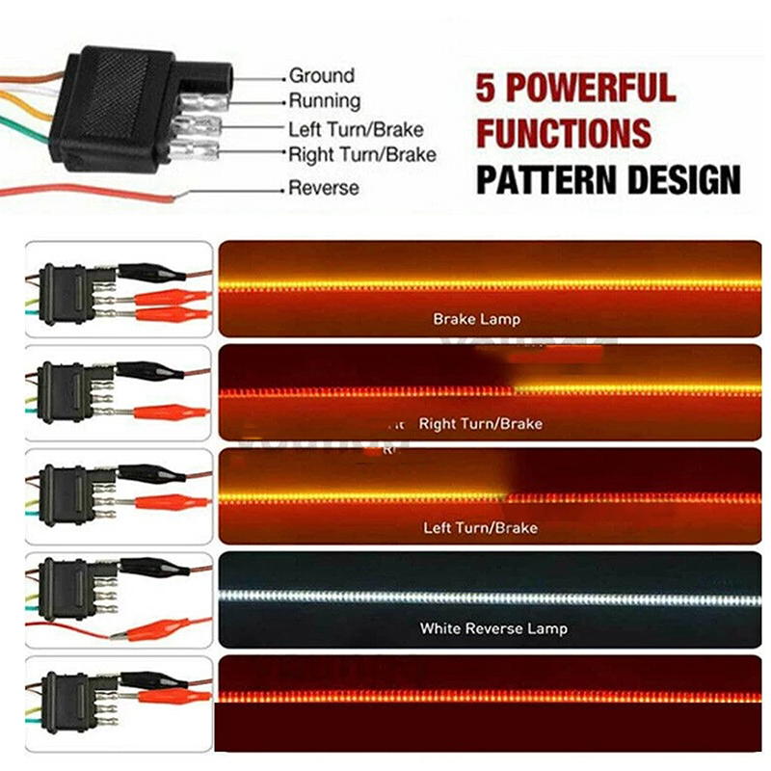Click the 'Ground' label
[322, 75]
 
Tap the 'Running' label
[325, 101]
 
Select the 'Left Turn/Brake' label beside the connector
[356, 128]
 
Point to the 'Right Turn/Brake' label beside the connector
[362, 154]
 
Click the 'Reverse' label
[324, 188]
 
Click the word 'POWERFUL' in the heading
[591, 89]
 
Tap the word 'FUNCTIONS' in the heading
[564, 133]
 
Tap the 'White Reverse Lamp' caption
[493, 628]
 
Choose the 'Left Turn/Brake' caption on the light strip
[481, 528]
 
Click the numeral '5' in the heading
[488, 89]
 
